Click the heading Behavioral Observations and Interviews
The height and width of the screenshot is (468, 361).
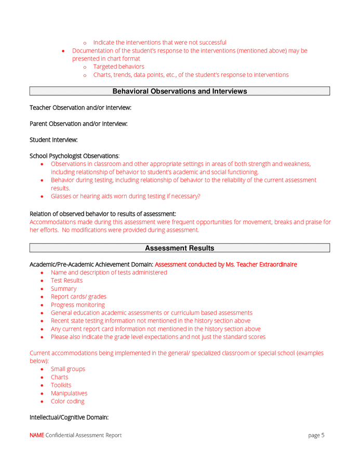point(179,92)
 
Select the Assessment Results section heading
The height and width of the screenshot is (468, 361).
point(179,249)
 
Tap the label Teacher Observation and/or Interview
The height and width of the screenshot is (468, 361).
point(80,108)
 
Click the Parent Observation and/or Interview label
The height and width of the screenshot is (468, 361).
point(78,124)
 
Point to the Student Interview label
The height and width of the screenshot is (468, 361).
point(54,140)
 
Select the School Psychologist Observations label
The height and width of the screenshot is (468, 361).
point(74,156)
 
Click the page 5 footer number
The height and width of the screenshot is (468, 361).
point(316,435)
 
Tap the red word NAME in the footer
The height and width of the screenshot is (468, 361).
point(36,435)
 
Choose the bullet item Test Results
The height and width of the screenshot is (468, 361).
point(66,281)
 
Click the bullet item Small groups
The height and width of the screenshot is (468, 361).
point(68,369)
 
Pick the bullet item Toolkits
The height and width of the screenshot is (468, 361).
point(61,385)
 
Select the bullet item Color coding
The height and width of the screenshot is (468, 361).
point(67,401)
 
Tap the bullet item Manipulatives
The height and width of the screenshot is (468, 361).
point(69,394)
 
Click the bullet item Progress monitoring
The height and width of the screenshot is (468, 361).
point(77,305)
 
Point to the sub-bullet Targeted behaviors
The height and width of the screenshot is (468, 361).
point(118,67)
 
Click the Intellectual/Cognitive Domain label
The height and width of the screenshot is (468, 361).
point(69,418)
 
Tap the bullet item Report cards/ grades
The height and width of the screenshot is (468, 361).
point(78,297)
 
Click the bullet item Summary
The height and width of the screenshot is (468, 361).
point(63,289)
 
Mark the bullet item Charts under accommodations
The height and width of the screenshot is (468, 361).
point(59,378)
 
